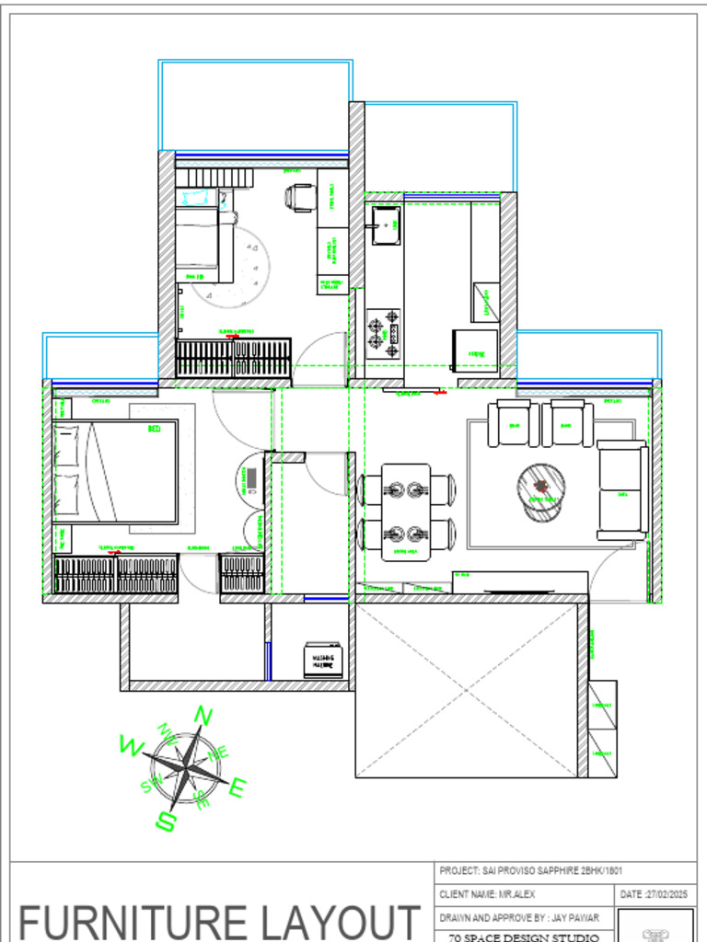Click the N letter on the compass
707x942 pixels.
click(203, 716)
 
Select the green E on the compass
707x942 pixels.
click(238, 787)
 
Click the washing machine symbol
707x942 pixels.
click(323, 660)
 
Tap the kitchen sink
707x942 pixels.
click(385, 224)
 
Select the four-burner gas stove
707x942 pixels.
click(385, 333)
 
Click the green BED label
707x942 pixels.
click(154, 429)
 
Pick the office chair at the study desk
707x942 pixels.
click(301, 197)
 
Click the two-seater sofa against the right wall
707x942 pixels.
click(622, 489)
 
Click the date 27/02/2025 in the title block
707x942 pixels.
click(656, 894)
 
